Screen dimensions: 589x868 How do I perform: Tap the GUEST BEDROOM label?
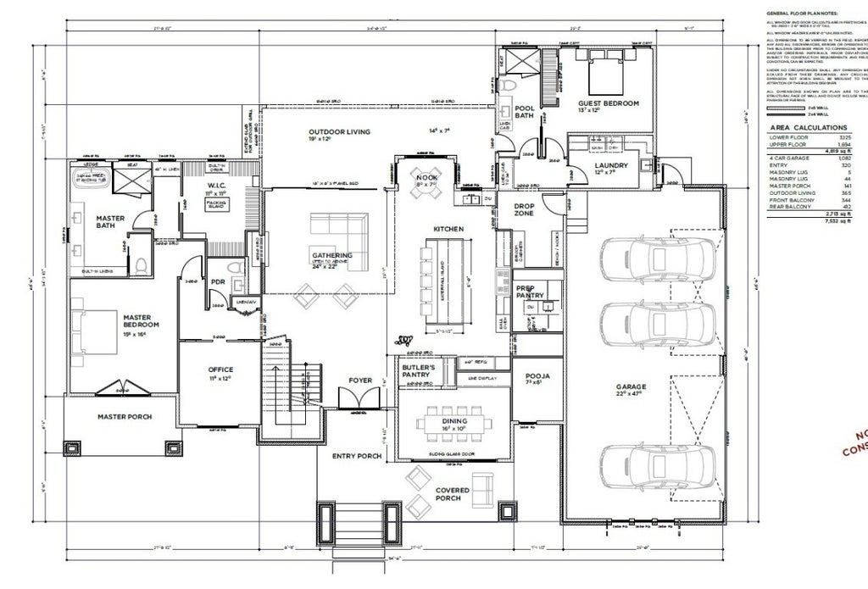(x=586, y=103)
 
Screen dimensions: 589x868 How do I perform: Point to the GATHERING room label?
(x=332, y=255)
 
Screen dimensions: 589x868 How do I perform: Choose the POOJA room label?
(x=537, y=375)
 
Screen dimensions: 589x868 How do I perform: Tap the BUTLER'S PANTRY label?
(x=418, y=371)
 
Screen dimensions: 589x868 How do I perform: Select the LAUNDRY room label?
(x=610, y=165)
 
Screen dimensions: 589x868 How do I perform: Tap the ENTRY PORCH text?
(x=356, y=457)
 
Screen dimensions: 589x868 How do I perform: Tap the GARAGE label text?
(x=631, y=387)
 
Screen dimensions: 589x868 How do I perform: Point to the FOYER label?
(x=360, y=381)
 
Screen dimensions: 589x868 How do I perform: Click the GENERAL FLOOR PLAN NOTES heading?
(x=800, y=14)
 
